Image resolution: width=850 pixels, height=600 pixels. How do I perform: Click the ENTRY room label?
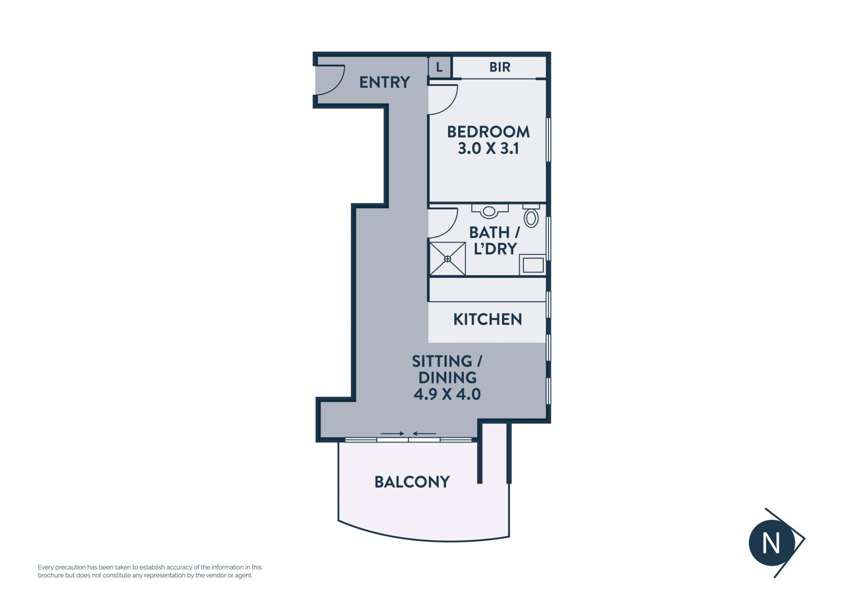[384, 82]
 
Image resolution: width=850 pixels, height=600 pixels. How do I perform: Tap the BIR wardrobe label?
[500, 67]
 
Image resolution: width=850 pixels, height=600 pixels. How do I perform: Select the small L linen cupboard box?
[439, 67]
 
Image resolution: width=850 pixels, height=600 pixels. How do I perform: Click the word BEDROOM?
[488, 132]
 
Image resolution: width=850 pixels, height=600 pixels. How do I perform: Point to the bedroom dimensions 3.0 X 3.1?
[488, 149]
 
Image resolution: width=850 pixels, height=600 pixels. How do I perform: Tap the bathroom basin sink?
[489, 211]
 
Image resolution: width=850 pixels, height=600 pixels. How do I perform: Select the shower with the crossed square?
[448, 259]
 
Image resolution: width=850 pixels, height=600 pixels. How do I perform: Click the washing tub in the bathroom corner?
[533, 265]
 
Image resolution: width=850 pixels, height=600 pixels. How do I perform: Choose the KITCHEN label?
[487, 319]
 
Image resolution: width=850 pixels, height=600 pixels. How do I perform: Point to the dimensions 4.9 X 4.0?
[447, 394]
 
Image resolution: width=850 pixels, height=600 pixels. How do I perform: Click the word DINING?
[447, 378]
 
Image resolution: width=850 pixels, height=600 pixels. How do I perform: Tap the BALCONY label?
[412, 482]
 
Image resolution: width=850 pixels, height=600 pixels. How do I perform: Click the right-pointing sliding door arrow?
[392, 434]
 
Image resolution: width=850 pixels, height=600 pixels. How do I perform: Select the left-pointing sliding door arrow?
[424, 434]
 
